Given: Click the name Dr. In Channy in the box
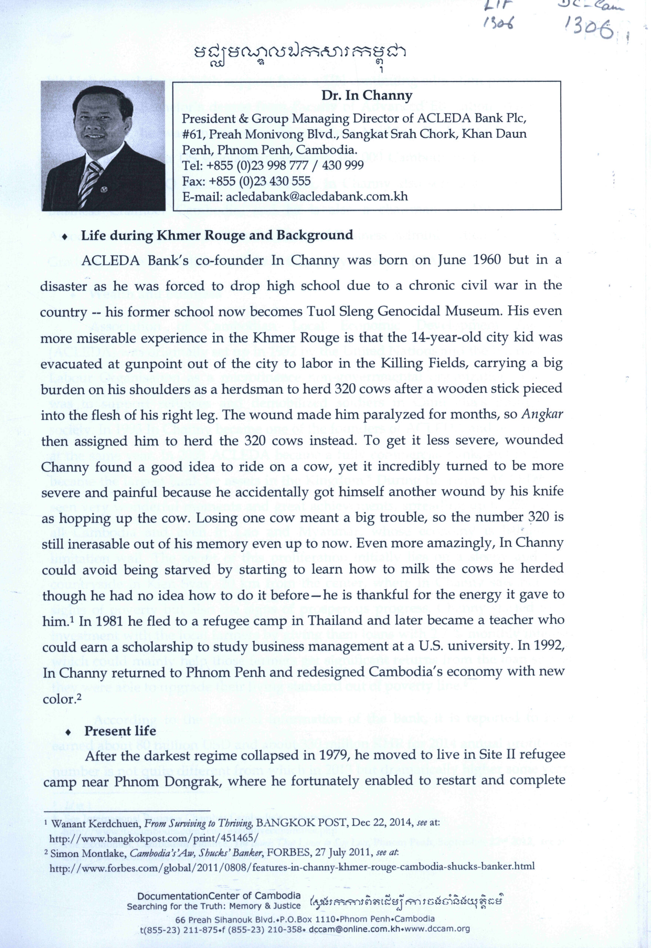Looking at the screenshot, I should tap(367, 96).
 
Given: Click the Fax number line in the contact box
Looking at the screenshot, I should tap(246, 181).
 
